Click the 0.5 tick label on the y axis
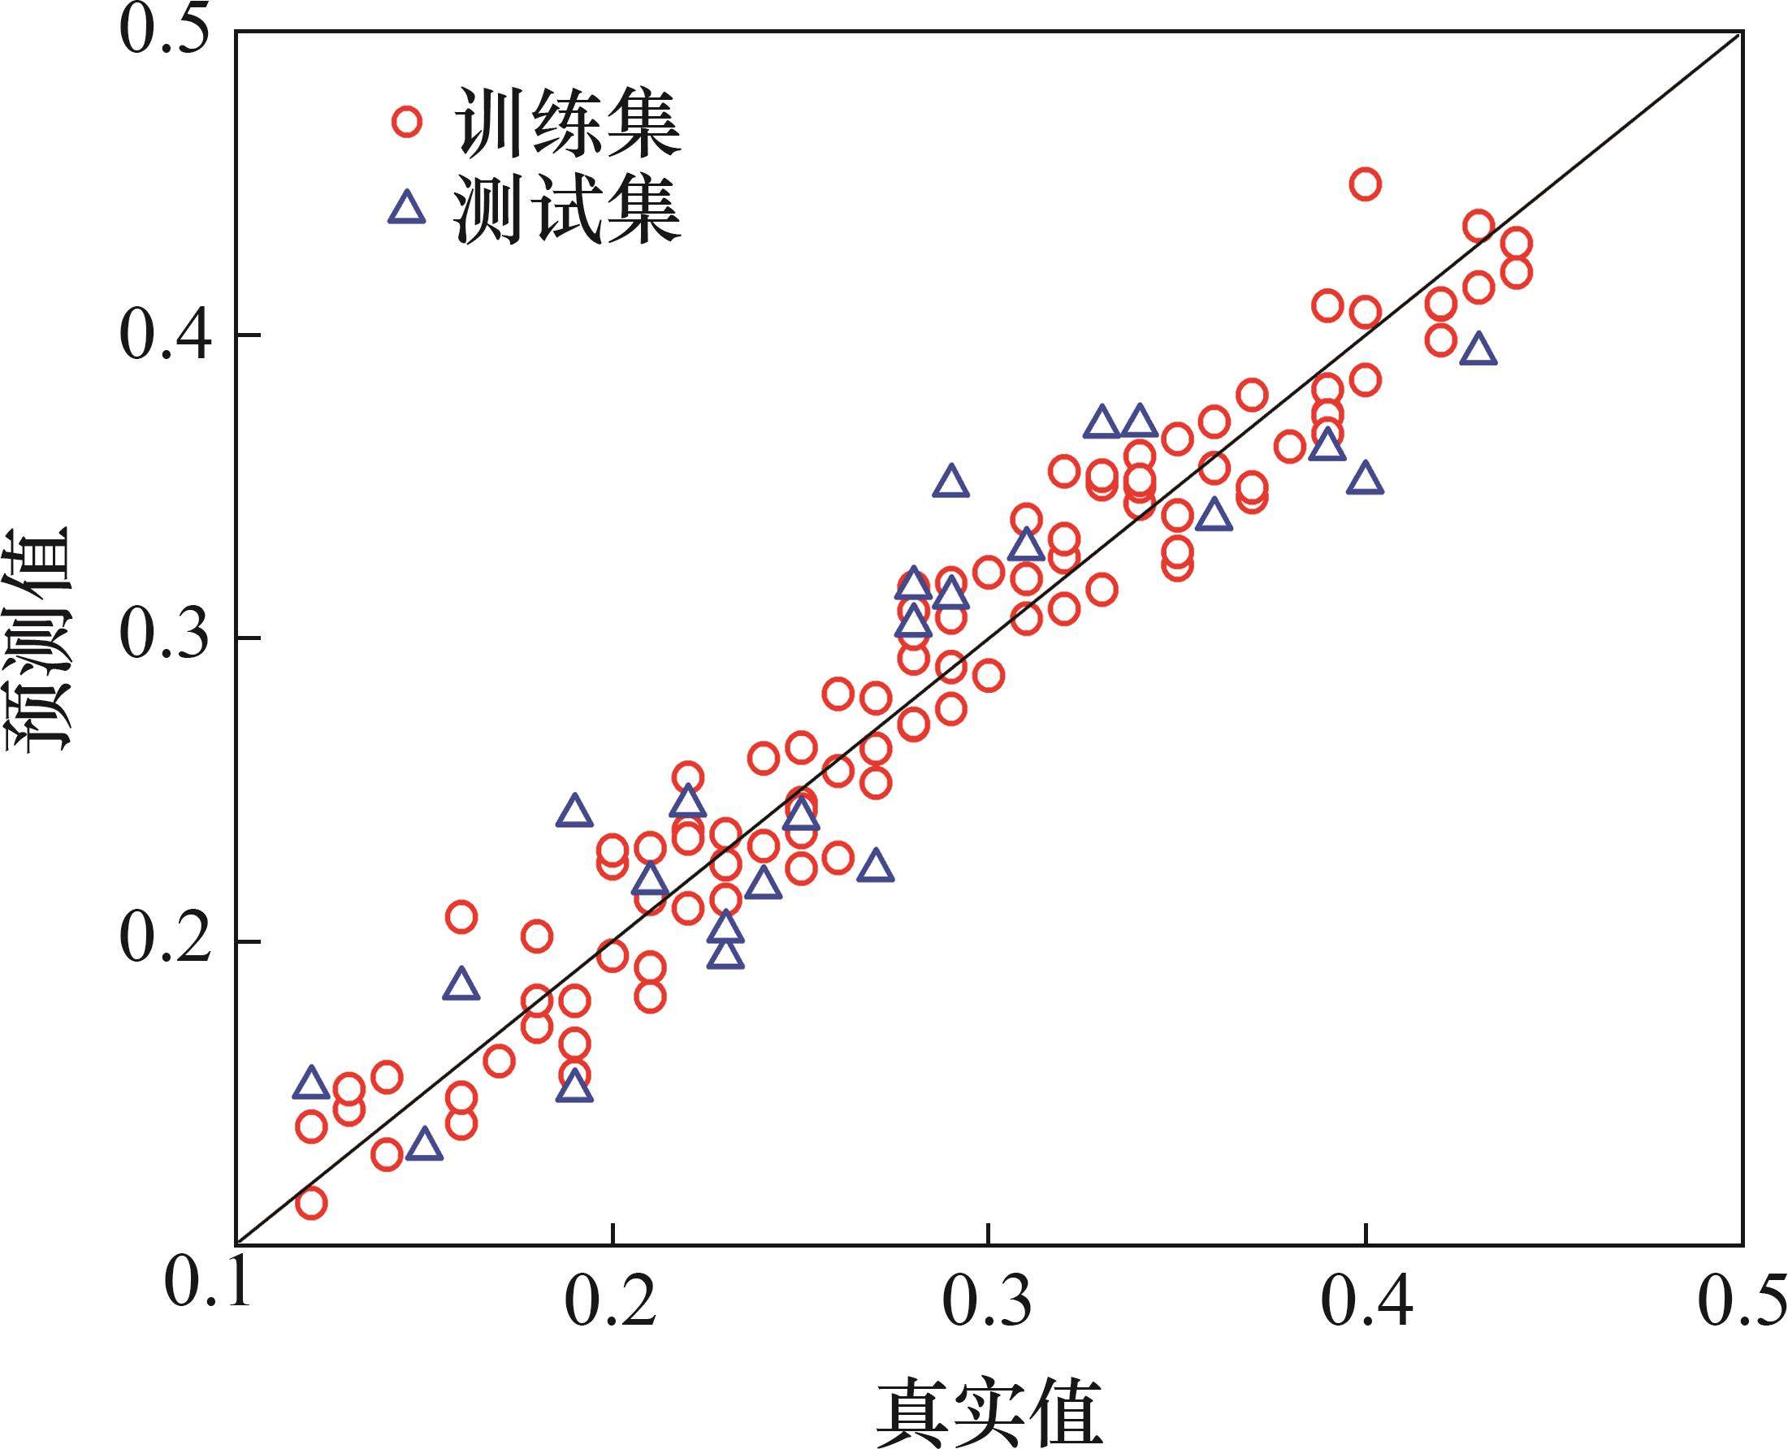(x=162, y=32)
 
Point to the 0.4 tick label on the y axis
(x=162, y=335)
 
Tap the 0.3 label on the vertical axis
(x=162, y=638)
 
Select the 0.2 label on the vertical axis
(x=162, y=941)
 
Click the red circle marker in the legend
(x=407, y=122)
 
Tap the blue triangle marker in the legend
(x=407, y=208)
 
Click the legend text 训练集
(x=568, y=123)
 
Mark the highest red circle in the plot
(x=1365, y=184)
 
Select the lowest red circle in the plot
(x=310, y=1203)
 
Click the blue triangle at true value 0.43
(x=1478, y=351)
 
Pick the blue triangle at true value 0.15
(x=424, y=1145)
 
